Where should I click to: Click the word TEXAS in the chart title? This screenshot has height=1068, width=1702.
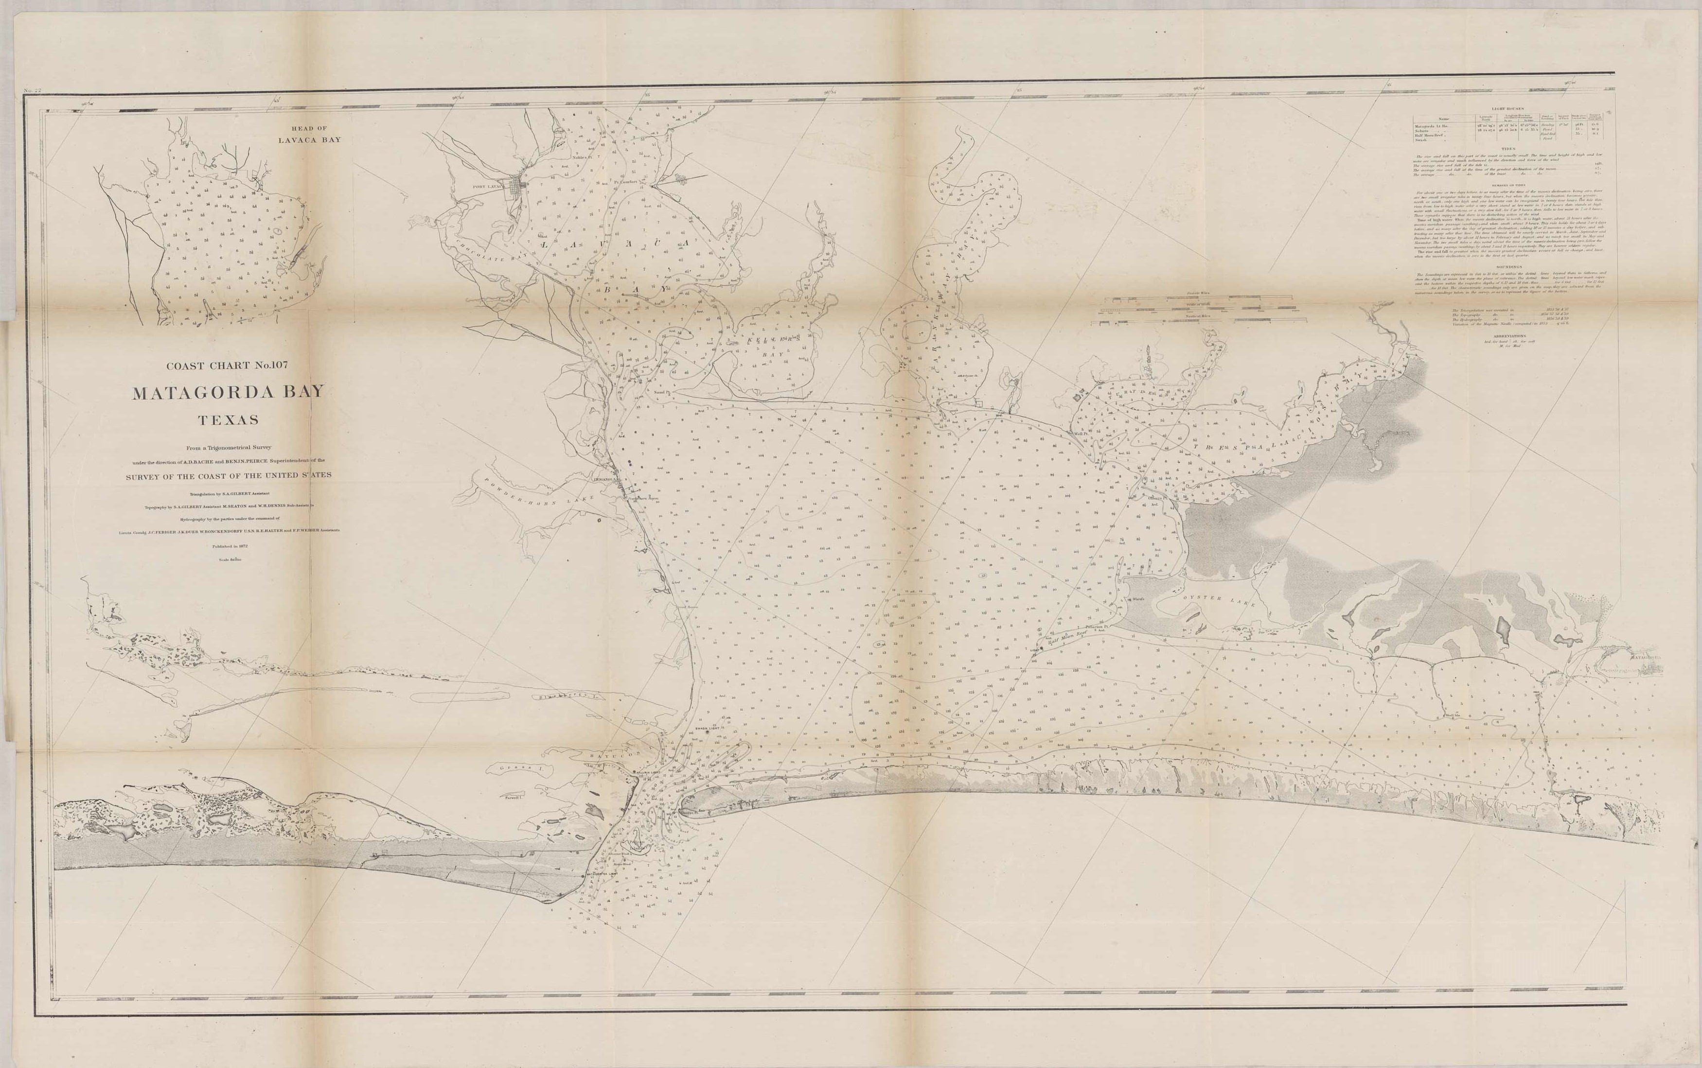pyautogui.click(x=228, y=420)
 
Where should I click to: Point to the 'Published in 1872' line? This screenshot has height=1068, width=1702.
pyautogui.click(x=228, y=546)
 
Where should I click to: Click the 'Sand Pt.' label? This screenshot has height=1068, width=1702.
pyautogui.click(x=660, y=391)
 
